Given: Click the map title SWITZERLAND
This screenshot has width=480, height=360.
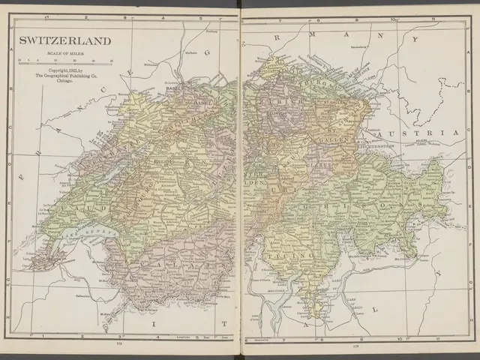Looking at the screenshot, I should pyautogui.click(x=64, y=40).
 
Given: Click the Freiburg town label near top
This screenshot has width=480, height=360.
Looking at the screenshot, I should pyautogui.click(x=212, y=31).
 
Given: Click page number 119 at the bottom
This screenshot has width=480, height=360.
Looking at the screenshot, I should pyautogui.click(x=355, y=346).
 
